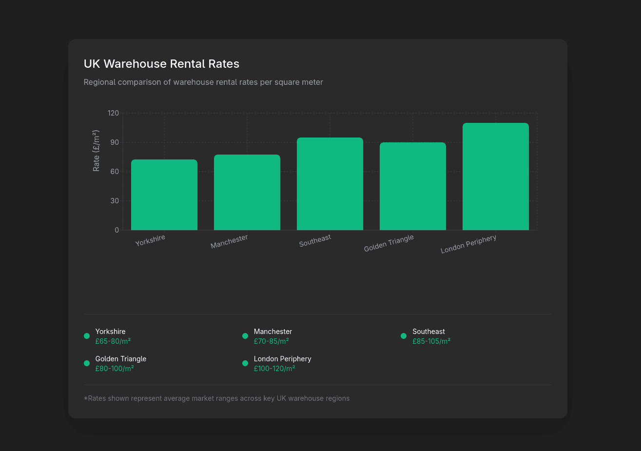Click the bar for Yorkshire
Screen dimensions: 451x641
click(164, 195)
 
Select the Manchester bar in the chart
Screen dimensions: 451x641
click(247, 193)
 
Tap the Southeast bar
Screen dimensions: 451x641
click(330, 184)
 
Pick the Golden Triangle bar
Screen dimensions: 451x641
click(413, 186)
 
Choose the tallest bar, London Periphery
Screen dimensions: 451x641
click(496, 176)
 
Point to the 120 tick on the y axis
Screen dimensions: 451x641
click(113, 113)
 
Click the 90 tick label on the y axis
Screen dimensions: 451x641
click(114, 142)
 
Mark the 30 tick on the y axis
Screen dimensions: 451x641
click(114, 201)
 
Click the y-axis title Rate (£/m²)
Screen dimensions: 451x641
click(97, 151)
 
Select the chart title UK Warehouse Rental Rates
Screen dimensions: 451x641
click(161, 64)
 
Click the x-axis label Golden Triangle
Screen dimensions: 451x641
click(389, 243)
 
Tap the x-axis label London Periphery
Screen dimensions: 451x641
click(468, 244)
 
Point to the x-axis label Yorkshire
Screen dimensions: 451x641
click(150, 240)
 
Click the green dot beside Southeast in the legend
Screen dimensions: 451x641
click(404, 336)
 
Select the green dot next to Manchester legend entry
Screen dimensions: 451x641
click(245, 336)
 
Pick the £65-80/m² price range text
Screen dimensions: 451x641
click(113, 341)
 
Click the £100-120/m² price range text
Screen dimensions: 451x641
click(274, 369)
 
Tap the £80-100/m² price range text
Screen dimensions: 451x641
click(115, 369)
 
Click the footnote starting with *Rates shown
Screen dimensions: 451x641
click(216, 398)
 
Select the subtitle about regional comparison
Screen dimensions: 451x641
click(203, 82)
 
